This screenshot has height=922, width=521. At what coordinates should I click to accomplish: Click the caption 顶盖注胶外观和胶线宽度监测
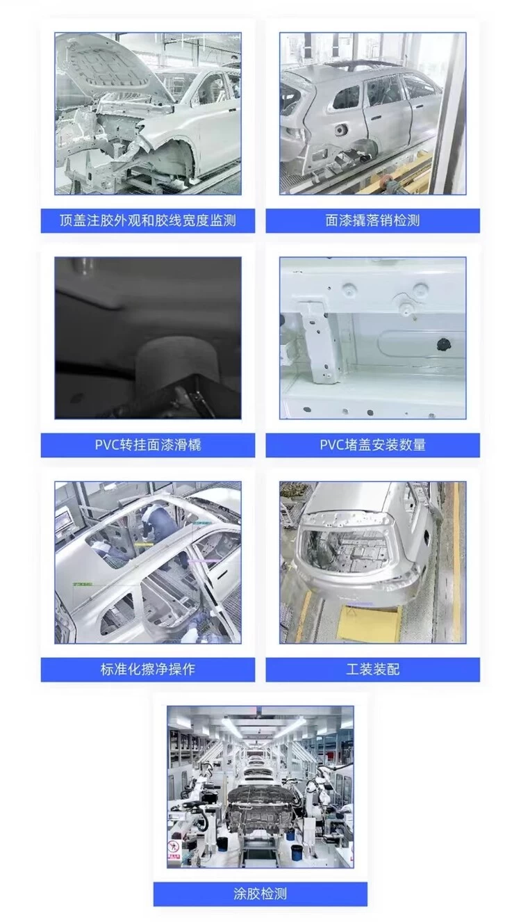(148, 220)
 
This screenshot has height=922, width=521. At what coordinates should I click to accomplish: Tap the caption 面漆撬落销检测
(372, 220)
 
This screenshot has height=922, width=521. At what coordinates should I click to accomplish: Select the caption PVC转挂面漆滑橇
(148, 445)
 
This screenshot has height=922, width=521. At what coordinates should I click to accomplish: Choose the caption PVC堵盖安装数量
(372, 445)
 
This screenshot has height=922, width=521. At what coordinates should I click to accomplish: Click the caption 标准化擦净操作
(148, 670)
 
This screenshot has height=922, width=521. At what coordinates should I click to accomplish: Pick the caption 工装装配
(372, 670)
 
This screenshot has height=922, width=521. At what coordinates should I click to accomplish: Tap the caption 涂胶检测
(260, 893)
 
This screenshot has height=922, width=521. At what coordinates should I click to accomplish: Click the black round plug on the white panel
(444, 343)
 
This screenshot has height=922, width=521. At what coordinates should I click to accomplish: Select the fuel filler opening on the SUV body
(341, 131)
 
